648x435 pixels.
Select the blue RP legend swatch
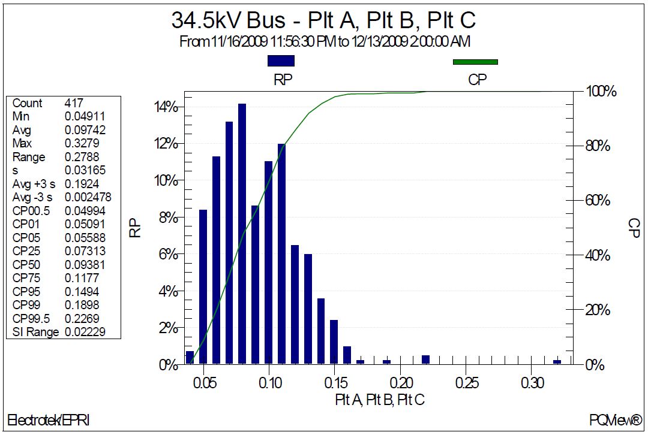click(x=281, y=61)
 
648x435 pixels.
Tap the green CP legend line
click(x=475, y=61)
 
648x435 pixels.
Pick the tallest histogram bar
click(x=242, y=234)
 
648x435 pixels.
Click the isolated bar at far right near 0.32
click(x=557, y=362)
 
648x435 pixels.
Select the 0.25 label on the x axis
click(x=467, y=383)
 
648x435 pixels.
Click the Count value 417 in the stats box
click(x=74, y=103)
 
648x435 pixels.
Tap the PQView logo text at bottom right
click(x=615, y=419)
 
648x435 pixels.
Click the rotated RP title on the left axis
click(x=136, y=228)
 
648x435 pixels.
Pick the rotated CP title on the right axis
click(x=633, y=228)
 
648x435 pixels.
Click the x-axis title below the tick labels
click(x=380, y=400)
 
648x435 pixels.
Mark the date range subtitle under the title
click(x=324, y=41)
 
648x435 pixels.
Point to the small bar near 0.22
click(x=425, y=360)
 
